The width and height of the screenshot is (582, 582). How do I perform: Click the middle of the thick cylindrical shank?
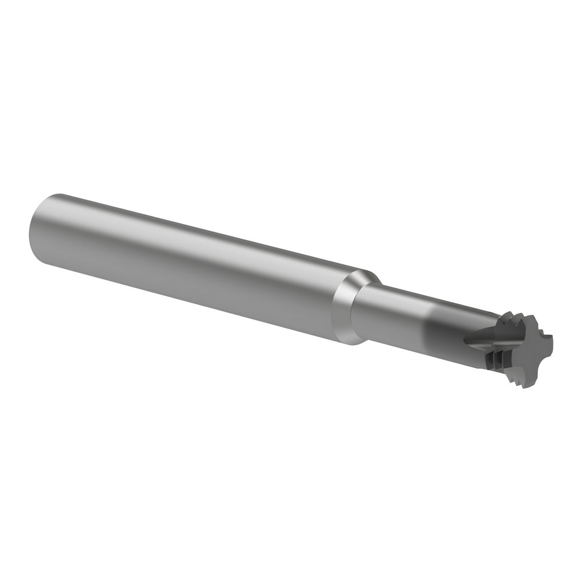click(192, 262)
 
